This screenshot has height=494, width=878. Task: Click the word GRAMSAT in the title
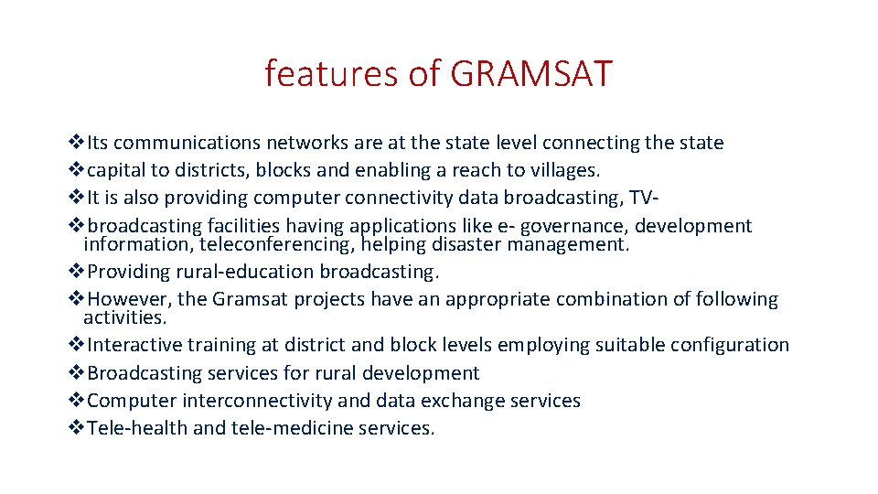pyautogui.click(x=530, y=73)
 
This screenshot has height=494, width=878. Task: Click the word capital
pyautogui.click(x=118, y=170)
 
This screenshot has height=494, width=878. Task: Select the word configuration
pyautogui.click(x=729, y=345)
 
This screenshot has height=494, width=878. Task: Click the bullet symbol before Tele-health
pyautogui.click(x=77, y=428)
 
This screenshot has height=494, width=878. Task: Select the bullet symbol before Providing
pyautogui.click(x=77, y=272)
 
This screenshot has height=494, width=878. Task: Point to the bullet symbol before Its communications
pyautogui.click(x=77, y=143)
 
